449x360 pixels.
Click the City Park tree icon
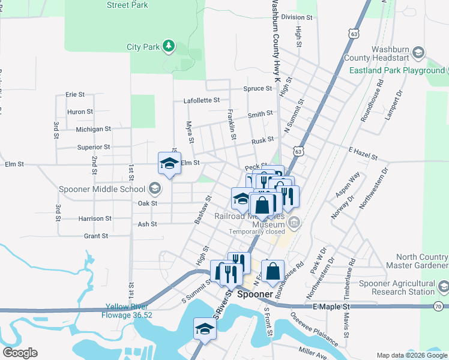tap(169, 46)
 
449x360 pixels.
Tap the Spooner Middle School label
tap(101, 189)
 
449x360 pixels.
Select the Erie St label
tap(76, 94)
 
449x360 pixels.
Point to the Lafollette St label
tap(202, 100)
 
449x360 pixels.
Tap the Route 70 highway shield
tap(439, 307)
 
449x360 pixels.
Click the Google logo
tap(20, 353)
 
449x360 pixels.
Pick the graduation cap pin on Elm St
tap(169, 163)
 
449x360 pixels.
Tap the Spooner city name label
tap(256, 295)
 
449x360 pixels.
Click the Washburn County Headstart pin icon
tap(419, 50)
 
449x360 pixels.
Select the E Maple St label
tap(331, 306)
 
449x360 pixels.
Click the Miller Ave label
tap(312, 349)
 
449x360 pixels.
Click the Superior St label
tap(93, 146)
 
